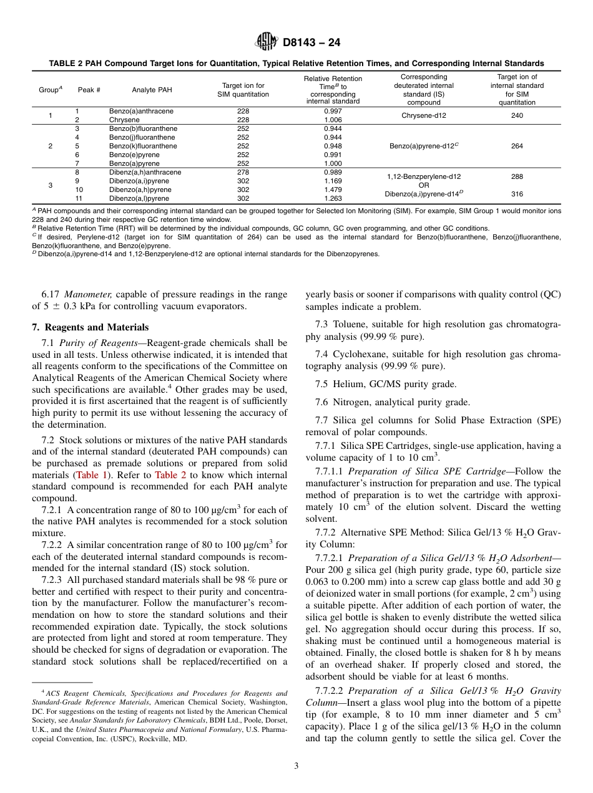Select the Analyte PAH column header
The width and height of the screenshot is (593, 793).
152,90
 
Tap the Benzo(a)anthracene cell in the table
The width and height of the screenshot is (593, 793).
141,111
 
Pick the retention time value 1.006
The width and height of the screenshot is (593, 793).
333,120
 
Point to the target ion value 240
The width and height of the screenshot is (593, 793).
517,115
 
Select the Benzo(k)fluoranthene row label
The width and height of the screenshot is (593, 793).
143,146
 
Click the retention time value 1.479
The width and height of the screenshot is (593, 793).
333,190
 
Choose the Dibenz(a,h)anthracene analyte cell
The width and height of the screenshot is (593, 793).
145,172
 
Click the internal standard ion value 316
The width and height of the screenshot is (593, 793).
517,194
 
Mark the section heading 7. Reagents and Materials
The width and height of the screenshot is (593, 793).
90,327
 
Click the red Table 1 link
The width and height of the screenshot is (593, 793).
91,474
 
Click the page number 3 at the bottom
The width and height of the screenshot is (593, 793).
296,766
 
